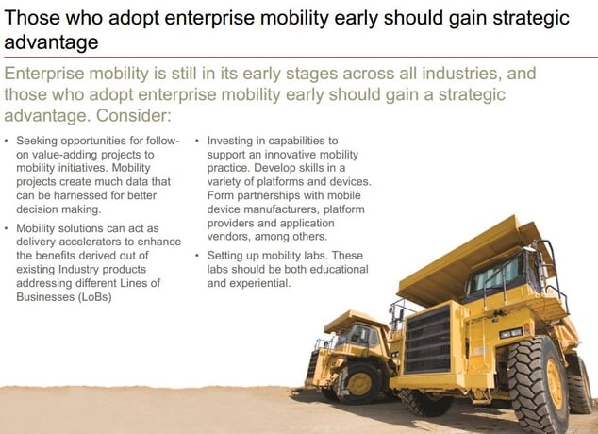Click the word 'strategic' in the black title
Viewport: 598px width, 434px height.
point(531,18)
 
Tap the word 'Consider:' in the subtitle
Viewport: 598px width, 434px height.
point(134,115)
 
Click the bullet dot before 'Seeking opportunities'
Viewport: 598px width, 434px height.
point(6,141)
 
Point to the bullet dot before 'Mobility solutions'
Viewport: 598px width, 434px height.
point(6,228)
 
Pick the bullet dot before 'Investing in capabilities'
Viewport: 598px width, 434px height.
point(197,141)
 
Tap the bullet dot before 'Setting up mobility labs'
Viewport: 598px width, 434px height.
point(197,256)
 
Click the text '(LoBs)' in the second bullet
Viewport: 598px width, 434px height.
point(94,296)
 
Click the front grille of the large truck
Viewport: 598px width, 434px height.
point(428,340)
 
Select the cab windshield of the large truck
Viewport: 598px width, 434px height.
point(496,274)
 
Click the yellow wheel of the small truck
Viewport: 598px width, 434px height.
point(358,384)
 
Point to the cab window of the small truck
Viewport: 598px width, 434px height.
point(358,334)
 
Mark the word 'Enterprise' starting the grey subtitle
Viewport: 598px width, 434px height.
point(44,74)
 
